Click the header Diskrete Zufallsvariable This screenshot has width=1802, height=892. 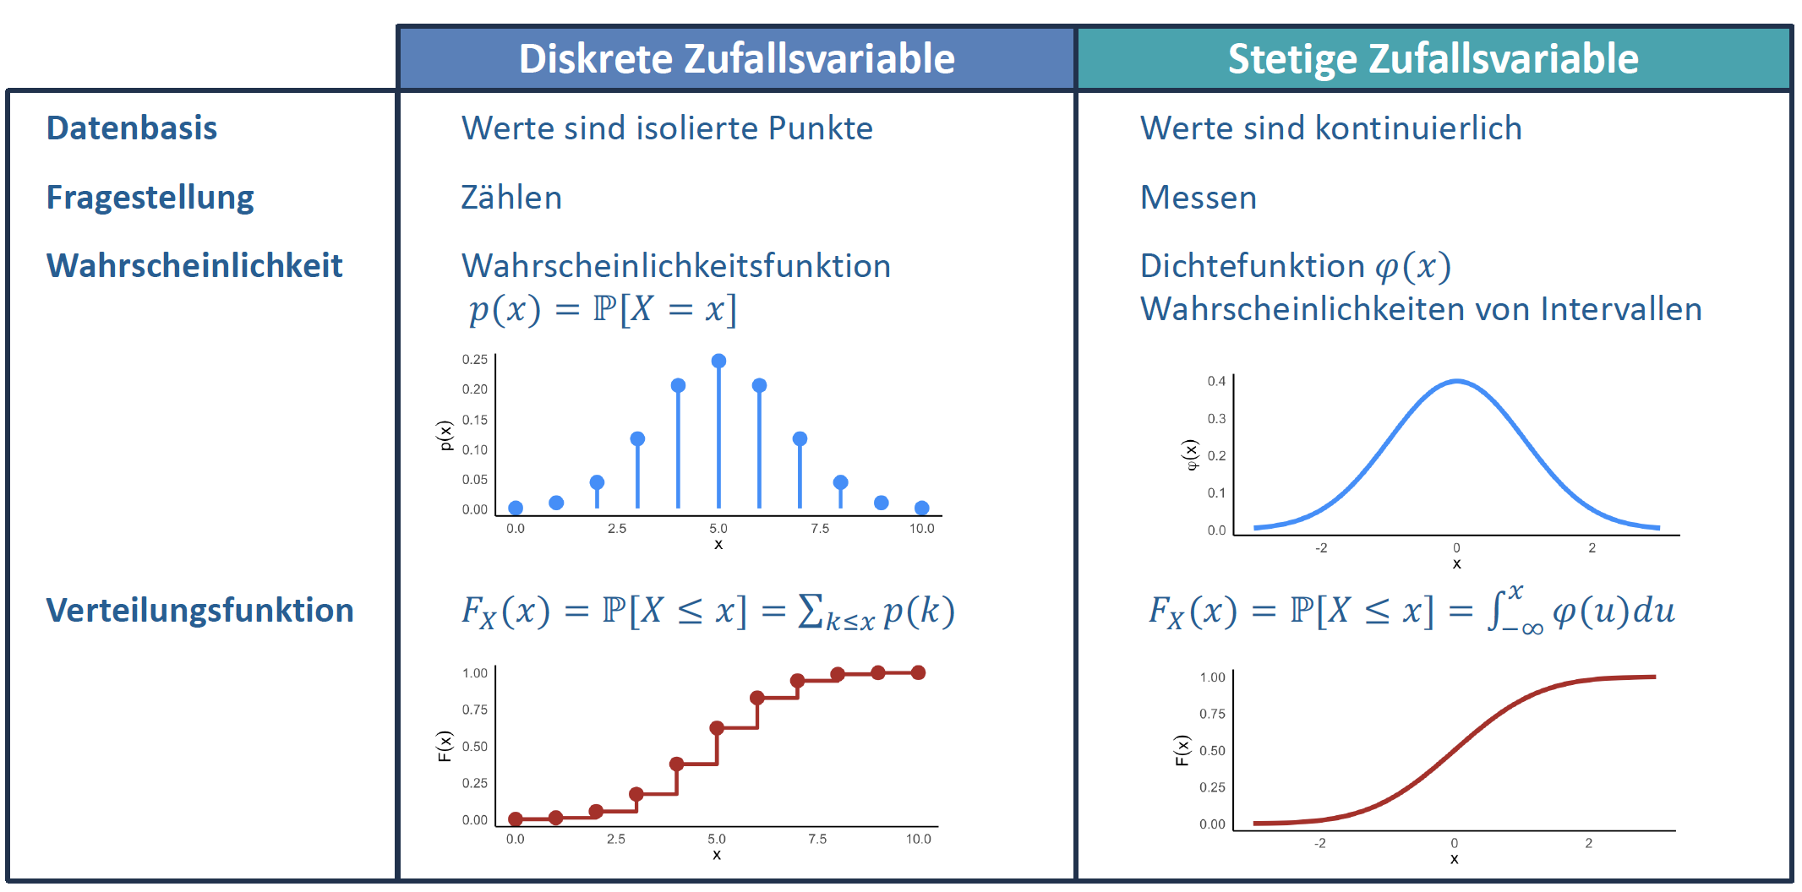(x=736, y=58)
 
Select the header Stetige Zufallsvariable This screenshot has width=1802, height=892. (x=1433, y=58)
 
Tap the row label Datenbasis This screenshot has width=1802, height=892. (x=132, y=128)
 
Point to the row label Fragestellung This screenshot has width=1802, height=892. (x=150, y=198)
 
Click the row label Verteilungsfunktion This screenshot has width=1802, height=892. (x=199, y=610)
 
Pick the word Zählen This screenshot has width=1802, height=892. (x=511, y=198)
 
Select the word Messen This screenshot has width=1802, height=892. (x=1198, y=198)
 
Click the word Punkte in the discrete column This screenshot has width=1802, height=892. (x=820, y=128)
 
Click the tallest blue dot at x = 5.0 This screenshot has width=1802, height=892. (x=718, y=361)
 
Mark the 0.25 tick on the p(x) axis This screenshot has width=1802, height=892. (x=474, y=359)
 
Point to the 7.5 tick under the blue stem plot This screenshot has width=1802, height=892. (x=820, y=529)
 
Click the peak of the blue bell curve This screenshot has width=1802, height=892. (x=1456, y=382)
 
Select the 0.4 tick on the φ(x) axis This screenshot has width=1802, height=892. (x=1216, y=381)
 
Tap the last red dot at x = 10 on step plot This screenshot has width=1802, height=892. (x=919, y=672)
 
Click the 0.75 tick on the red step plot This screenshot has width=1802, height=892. (x=474, y=710)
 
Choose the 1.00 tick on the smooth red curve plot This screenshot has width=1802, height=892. (x=1212, y=677)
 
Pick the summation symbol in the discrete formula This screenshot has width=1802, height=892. (x=810, y=610)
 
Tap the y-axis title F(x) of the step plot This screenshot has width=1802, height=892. (x=445, y=746)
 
